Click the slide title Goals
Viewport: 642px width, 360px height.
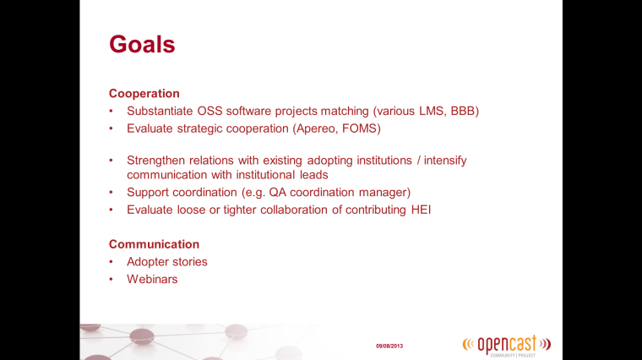point(142,44)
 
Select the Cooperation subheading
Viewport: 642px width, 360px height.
point(144,93)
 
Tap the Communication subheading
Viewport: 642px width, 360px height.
point(154,244)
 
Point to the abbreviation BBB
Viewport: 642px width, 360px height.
point(463,111)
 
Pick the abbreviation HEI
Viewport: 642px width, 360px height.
point(421,210)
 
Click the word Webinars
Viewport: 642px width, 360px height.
point(152,280)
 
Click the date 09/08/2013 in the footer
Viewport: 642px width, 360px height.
point(389,346)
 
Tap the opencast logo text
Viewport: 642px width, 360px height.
point(507,345)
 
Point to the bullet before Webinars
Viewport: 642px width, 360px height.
point(111,280)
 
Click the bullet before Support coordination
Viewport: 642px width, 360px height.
point(111,192)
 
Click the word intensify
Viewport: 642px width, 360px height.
point(445,160)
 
